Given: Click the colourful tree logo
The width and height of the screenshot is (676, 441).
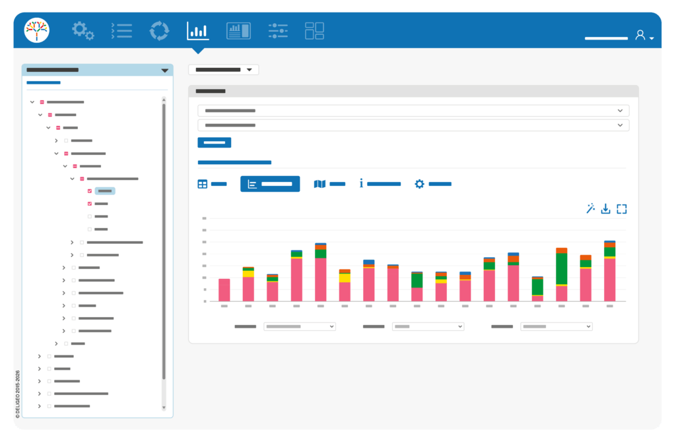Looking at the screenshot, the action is [37, 30].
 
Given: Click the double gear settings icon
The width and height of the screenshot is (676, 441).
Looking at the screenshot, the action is [83, 30].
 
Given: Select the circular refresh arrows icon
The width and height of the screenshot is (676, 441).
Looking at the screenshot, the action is [159, 30].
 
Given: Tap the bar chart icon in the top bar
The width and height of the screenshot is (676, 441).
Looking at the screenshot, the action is [198, 30].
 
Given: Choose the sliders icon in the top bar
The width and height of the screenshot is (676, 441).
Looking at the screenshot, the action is [278, 30].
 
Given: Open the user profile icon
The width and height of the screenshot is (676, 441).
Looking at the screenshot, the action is [640, 35].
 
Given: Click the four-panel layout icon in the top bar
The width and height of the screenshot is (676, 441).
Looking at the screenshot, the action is [314, 30].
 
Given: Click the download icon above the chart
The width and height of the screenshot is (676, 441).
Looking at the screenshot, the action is [606, 209].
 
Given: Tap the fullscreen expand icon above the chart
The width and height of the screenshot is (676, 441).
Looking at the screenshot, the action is [622, 209].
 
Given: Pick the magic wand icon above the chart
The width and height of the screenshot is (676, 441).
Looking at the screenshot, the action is [590, 208].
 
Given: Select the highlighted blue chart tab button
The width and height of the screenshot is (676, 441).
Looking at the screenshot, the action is [270, 184].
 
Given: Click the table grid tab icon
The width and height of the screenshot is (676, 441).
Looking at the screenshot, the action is [203, 185].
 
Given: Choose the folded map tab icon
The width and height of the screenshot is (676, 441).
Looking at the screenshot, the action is [320, 184].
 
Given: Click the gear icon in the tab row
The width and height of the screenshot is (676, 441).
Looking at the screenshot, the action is [419, 184].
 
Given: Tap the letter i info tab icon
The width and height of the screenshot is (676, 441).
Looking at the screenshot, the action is [361, 183].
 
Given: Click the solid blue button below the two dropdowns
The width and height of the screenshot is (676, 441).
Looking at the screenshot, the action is [215, 142].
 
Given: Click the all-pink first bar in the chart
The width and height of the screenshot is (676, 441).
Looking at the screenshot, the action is [224, 290].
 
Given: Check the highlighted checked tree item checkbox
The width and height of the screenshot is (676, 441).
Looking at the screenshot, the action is [90, 191].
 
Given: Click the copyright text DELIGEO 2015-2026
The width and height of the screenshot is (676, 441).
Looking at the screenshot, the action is [18, 394].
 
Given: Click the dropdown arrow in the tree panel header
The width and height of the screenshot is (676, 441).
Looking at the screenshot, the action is [164, 70].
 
